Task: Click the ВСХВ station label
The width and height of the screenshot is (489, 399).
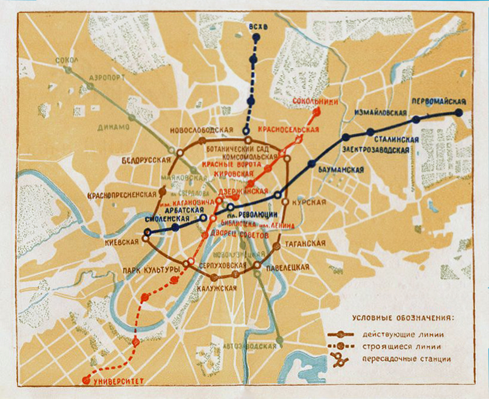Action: tap(255, 27)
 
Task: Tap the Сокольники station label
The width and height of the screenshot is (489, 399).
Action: tap(315, 102)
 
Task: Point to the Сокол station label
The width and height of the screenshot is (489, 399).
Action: tap(66, 60)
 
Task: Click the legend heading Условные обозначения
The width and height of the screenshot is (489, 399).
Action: tap(402, 318)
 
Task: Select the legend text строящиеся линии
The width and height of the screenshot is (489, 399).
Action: tap(401, 347)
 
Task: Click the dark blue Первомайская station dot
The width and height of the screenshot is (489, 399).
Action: tap(459, 112)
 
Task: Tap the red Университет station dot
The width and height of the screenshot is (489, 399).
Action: tap(86, 380)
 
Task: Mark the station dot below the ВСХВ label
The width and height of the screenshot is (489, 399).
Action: tap(256, 37)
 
